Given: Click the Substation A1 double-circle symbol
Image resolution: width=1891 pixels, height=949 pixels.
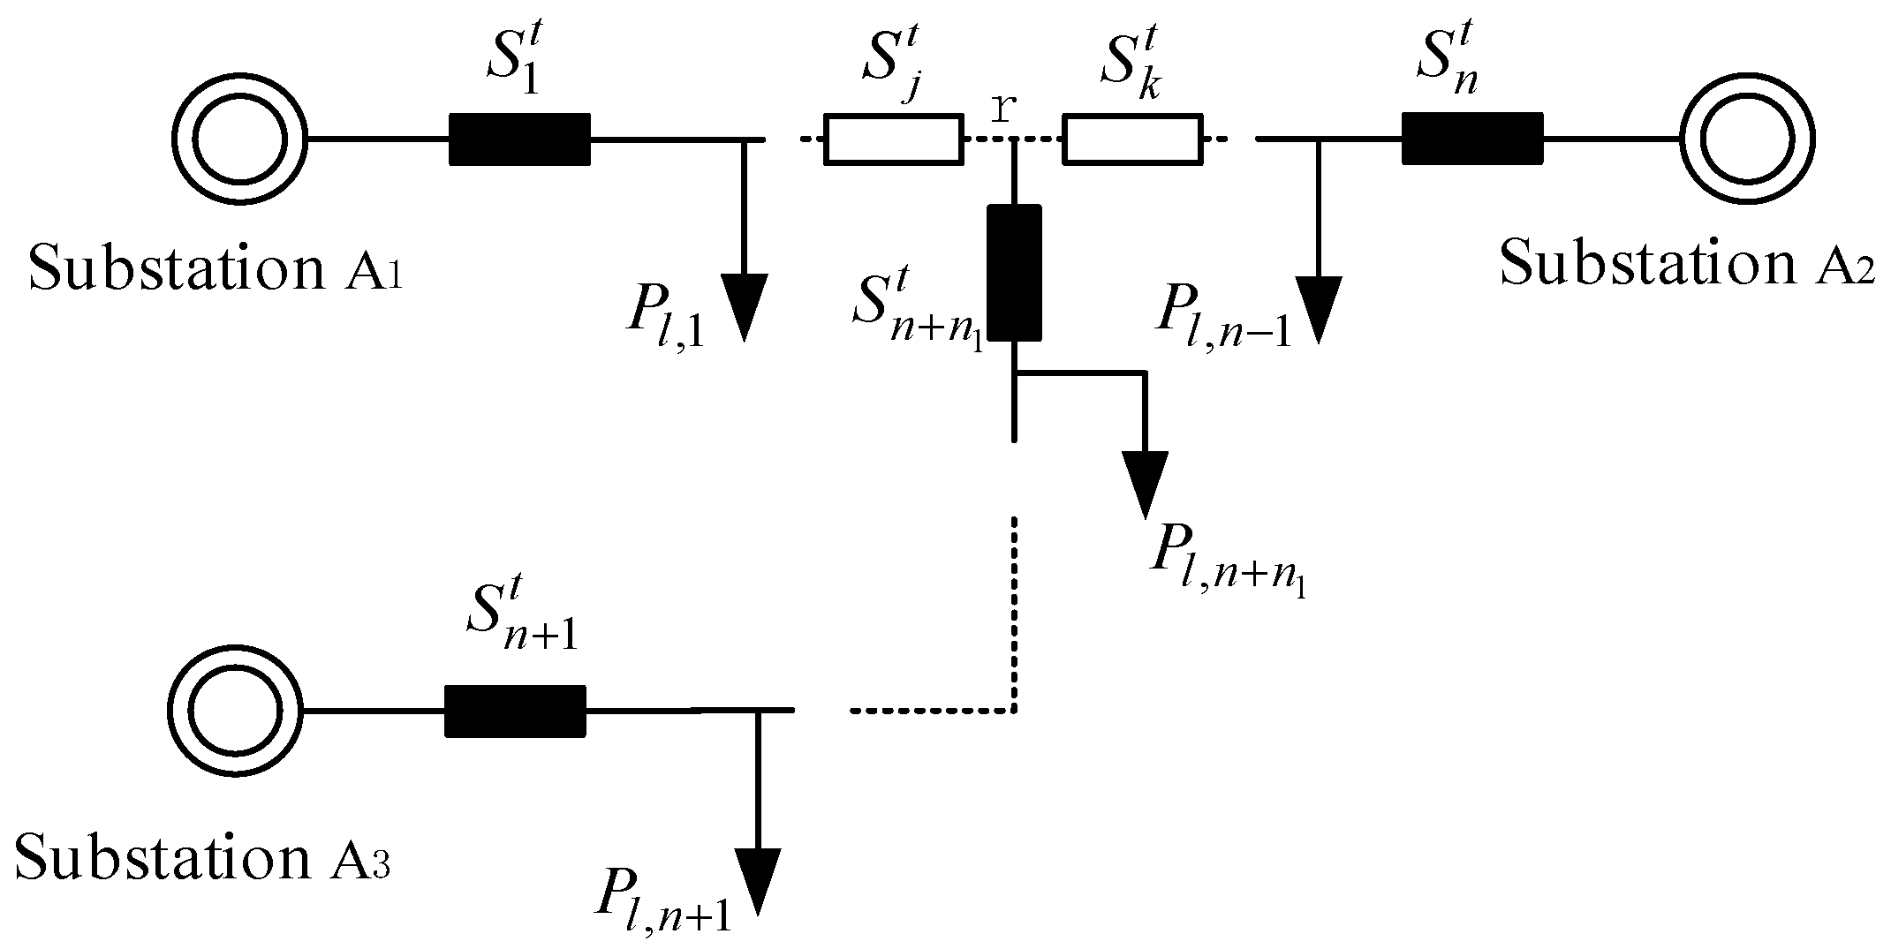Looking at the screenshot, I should pyautogui.click(x=239, y=139).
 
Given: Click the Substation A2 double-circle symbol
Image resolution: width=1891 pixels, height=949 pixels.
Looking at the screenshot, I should pyautogui.click(x=1747, y=139).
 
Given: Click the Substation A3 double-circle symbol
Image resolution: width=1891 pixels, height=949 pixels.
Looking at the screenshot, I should pyautogui.click(x=235, y=711).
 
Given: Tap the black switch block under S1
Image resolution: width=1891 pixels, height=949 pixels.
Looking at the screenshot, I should pyautogui.click(x=520, y=139).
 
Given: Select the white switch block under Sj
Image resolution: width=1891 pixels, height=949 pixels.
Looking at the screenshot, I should pyautogui.click(x=894, y=139).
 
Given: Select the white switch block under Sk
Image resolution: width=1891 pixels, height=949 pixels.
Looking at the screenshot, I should pyautogui.click(x=1132, y=139).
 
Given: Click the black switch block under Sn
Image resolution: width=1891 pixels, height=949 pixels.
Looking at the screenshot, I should pyautogui.click(x=1472, y=139).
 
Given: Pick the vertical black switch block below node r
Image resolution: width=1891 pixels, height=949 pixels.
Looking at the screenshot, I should pyautogui.click(x=1014, y=273).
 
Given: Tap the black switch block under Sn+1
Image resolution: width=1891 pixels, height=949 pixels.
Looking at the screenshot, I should pyautogui.click(x=514, y=711).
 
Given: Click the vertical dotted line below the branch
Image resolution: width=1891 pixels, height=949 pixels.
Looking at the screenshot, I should pyautogui.click(x=1014, y=609).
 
